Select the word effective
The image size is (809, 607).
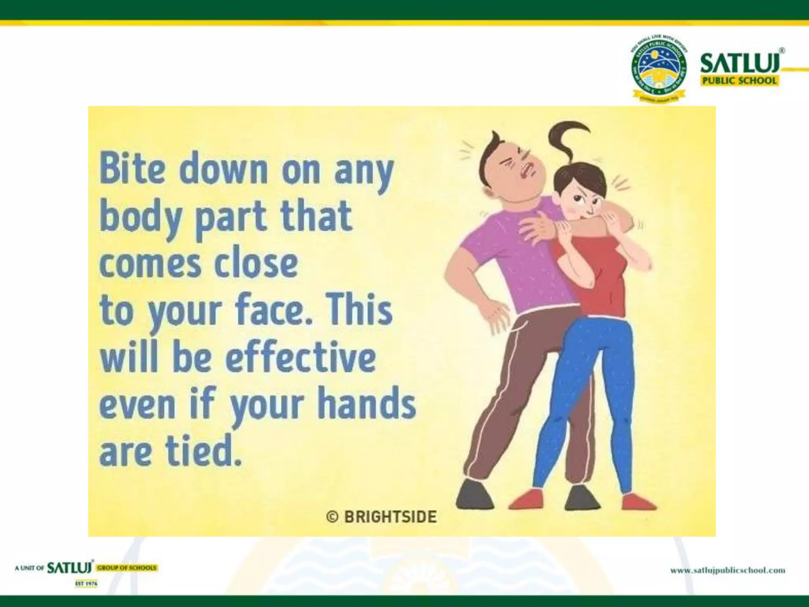pyautogui.click(x=300, y=358)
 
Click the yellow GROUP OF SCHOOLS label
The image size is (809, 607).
pyautogui.click(x=127, y=568)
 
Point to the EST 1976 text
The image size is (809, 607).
pyautogui.click(x=86, y=584)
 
